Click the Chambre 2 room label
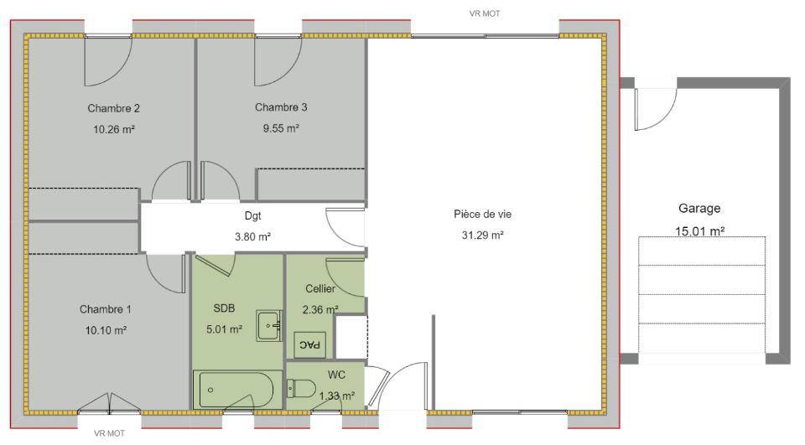(113, 108)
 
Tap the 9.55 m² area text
(281, 128)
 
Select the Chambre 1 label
(106, 309)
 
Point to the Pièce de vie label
(483, 214)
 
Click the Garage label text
(699, 209)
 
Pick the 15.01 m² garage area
(699, 231)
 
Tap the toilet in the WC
(301, 388)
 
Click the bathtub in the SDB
(237, 390)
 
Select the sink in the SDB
(269, 325)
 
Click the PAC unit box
(309, 344)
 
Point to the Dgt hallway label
(252, 215)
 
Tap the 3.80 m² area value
(252, 236)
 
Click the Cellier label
(320, 288)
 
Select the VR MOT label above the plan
(485, 14)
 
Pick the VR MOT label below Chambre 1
(109, 434)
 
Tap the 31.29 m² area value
(483, 235)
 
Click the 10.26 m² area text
(113, 129)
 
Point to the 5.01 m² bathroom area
(225, 329)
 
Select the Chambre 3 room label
(281, 107)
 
